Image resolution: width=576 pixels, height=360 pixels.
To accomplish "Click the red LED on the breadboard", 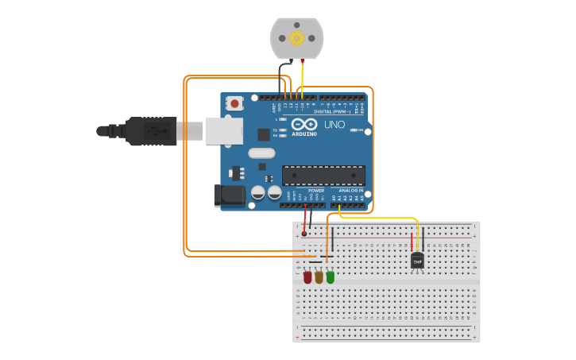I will coord(307,277).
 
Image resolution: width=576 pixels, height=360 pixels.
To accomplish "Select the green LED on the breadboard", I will coord(331,277).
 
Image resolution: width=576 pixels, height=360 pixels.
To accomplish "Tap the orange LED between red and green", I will coord(319,277).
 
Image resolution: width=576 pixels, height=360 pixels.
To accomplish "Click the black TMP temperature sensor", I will coord(417,261).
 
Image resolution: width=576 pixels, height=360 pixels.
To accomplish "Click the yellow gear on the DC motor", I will coord(297,38).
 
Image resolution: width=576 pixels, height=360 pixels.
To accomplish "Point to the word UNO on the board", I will coord(334,125).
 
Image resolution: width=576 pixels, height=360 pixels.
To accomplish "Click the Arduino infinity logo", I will coord(303,124).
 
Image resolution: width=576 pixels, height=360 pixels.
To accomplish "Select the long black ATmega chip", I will coord(323,175).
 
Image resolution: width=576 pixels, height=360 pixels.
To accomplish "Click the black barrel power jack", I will coord(230,195).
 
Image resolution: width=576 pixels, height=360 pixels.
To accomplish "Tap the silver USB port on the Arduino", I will coord(223,131).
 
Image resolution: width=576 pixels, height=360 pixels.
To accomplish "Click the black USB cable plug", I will coord(151,131).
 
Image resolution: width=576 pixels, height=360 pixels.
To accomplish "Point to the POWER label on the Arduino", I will coord(316,191).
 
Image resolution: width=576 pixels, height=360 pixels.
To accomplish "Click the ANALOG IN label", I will coord(350,191).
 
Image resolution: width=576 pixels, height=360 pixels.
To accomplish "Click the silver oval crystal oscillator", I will coord(261,153).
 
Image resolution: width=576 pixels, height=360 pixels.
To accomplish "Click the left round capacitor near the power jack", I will coord(258,192).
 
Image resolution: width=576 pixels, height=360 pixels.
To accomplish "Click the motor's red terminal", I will coord(303,60).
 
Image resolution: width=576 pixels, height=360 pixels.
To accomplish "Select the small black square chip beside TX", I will coord(263,134).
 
